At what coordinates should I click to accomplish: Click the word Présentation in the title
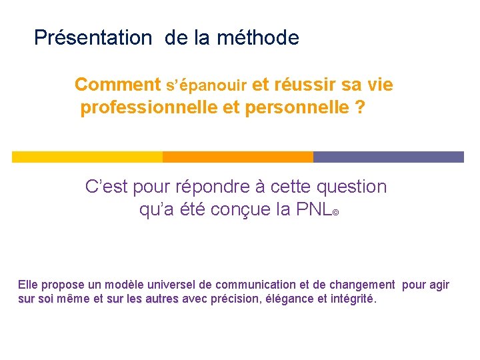click(93, 38)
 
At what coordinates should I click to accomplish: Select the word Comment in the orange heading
click(117, 85)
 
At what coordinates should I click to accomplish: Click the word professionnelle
click(147, 108)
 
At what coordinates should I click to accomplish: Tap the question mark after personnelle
click(361, 108)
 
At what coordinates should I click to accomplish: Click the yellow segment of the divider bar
click(87, 157)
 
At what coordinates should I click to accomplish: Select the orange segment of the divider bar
click(237, 157)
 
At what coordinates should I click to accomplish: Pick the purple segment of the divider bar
click(388, 157)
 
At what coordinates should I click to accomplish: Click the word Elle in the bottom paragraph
click(28, 285)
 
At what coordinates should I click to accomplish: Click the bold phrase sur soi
click(36, 299)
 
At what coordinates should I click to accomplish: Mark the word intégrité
click(353, 299)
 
